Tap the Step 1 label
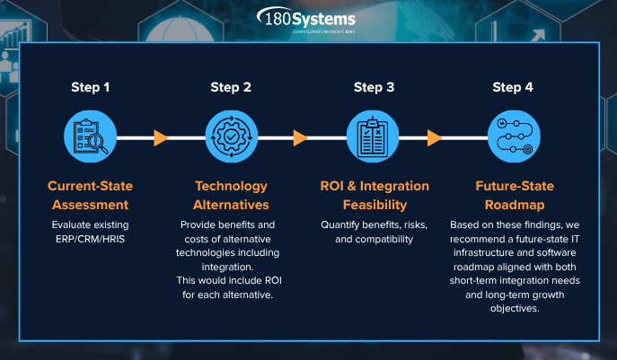(x=91, y=87)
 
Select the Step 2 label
(x=231, y=87)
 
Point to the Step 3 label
(x=374, y=87)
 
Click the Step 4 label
(x=513, y=87)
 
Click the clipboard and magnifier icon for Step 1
(x=91, y=137)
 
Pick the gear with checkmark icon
(x=231, y=137)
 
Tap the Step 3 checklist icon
(x=374, y=137)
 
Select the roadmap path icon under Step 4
(x=513, y=137)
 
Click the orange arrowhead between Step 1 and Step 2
(x=161, y=137)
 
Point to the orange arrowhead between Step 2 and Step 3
(x=300, y=137)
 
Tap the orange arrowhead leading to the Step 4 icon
(x=435, y=137)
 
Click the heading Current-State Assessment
(x=91, y=195)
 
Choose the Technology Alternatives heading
(x=231, y=195)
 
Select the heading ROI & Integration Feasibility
(x=374, y=195)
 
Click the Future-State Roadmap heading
(x=513, y=195)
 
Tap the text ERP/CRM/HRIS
(x=91, y=239)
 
